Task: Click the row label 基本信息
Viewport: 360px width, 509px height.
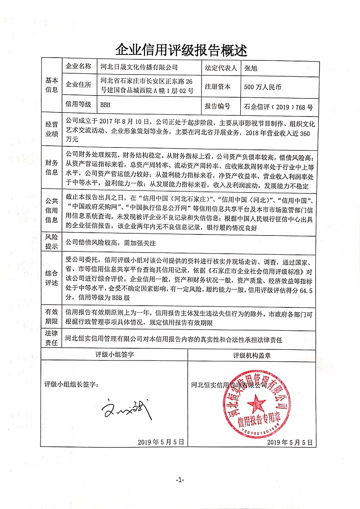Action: (x=51, y=85)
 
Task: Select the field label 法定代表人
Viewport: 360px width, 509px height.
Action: (x=221, y=67)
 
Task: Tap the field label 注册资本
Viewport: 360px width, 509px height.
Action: (x=217, y=87)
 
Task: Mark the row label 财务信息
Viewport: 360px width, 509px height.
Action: (x=51, y=167)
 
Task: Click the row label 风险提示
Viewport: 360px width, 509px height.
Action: (x=51, y=242)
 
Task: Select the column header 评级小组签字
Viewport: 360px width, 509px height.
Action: (x=115, y=354)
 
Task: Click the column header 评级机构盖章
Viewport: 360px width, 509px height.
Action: (x=252, y=354)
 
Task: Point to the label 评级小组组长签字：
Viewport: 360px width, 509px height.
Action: (x=71, y=385)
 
